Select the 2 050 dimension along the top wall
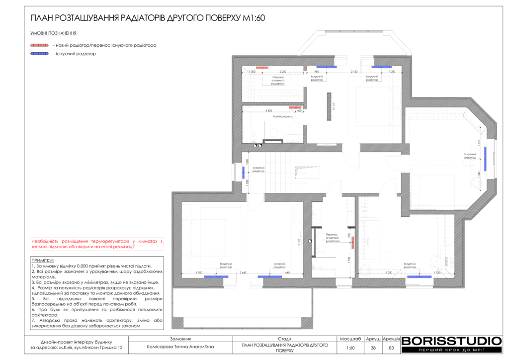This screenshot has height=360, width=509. (x=283, y=72)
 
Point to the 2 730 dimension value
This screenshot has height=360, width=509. (x=354, y=72)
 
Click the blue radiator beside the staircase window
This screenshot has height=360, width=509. (x=243, y=173)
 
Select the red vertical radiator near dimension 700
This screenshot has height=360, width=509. (x=352, y=242)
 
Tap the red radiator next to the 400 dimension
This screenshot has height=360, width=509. (x=296, y=107)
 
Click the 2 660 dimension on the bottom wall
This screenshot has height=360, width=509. (x=243, y=272)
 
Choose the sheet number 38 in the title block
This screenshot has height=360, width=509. (x=373, y=348)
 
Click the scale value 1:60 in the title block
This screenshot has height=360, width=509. (x=351, y=348)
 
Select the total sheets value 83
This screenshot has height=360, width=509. (x=391, y=348)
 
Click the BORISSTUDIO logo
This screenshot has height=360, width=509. (x=451, y=341)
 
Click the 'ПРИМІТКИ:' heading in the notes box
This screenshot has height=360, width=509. (x=42, y=261)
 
